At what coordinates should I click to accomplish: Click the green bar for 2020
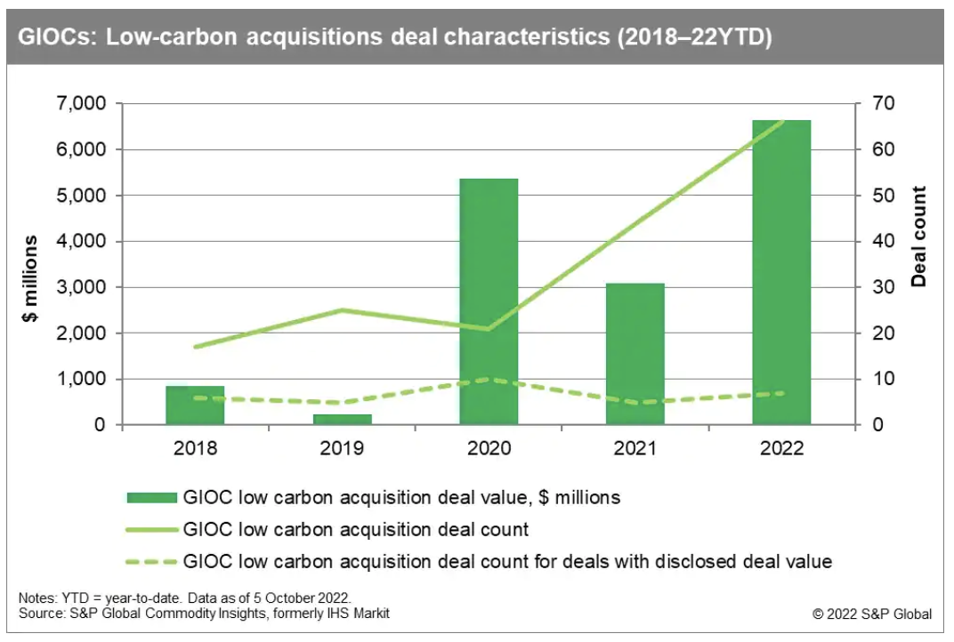coord(488,301)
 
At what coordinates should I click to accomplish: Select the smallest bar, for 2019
coord(342,419)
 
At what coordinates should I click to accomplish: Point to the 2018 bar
coord(196,405)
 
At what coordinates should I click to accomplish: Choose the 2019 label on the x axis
coord(342,447)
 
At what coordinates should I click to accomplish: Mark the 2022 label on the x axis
coord(781,447)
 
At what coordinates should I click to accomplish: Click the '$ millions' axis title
coord(31,278)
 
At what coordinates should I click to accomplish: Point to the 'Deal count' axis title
coord(919,237)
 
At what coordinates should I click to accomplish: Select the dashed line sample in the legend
coord(153,562)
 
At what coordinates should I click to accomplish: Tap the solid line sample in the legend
coord(153,530)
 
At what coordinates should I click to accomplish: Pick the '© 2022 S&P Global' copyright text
coord(872,614)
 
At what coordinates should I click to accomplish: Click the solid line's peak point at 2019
coord(342,310)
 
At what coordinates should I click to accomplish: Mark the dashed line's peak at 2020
coord(488,379)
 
